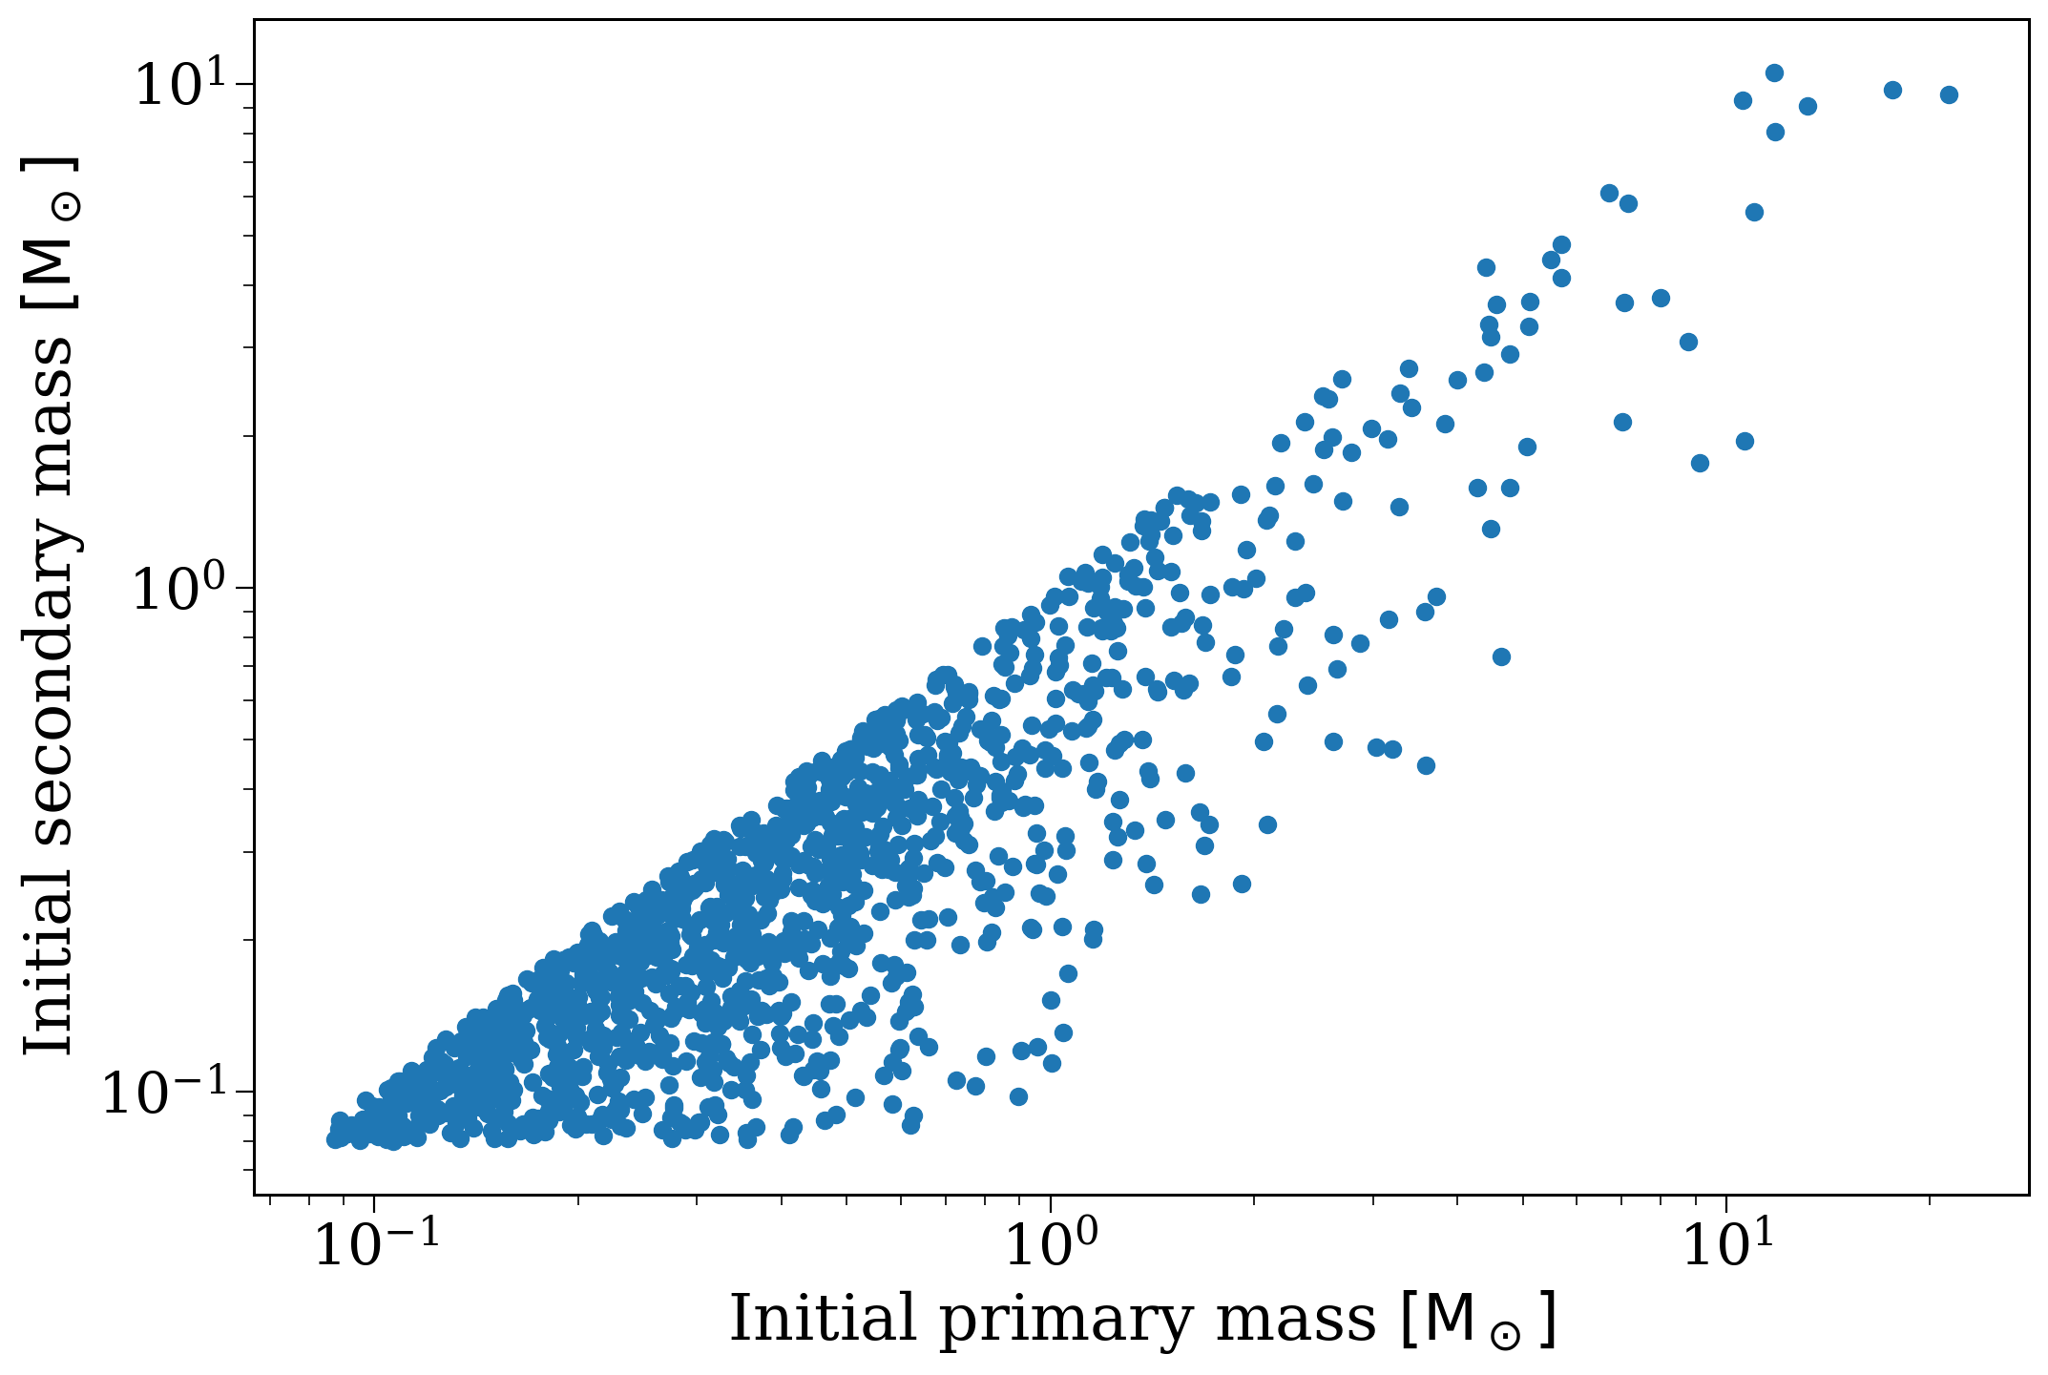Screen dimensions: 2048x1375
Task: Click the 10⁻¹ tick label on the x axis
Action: click(x=376, y=1243)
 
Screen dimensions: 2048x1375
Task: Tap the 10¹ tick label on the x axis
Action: click(x=1726, y=1243)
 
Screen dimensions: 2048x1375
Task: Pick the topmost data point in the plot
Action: click(x=1774, y=73)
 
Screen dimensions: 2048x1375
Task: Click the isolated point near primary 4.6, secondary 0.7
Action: click(x=1501, y=656)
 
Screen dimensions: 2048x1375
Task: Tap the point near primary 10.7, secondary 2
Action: click(x=1745, y=441)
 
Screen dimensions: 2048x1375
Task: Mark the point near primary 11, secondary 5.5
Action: click(x=1754, y=212)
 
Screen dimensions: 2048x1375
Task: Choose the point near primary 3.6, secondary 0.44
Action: click(x=1426, y=765)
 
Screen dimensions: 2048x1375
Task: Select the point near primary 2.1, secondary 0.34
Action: click(x=1267, y=824)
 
